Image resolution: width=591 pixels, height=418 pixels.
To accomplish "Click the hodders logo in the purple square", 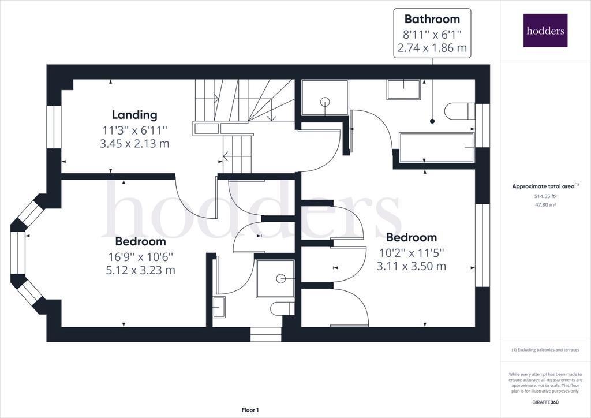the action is pos(545,31).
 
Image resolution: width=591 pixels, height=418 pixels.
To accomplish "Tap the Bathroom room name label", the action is pos(432,19).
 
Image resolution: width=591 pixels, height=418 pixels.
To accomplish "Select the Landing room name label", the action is pos(134,114).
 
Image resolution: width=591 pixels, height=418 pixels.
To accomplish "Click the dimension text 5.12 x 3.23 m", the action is pos(141,270).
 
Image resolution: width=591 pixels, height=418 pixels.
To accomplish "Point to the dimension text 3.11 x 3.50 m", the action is pos(411,266).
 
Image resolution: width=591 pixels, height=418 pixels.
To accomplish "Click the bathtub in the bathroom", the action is pos(436,147).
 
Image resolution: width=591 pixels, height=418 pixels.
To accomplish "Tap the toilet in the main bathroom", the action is pos(459,111).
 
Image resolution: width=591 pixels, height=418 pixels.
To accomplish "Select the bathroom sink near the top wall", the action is pos(403,89).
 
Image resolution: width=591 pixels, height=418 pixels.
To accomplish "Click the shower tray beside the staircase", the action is pos(325,98).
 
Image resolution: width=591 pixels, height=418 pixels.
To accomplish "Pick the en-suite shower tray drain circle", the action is pos(280,278).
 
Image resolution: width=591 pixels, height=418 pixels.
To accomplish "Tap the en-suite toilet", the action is pos(282,308).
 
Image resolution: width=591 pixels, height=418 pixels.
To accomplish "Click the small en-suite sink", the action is pos(219,307).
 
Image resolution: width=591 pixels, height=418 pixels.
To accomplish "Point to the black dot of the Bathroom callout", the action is pos(432,121).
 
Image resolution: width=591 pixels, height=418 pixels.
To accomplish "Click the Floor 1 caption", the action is pos(250,410).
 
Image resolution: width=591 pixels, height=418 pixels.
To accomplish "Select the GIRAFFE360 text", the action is pos(545,402).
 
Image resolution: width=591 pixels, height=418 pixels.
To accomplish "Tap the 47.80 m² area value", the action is pos(545,204).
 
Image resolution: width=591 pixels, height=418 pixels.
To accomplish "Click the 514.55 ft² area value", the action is pos(545,196).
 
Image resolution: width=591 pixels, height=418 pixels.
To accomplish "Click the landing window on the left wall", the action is pos(54,127).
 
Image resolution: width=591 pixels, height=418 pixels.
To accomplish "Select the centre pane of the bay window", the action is pos(18,252).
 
